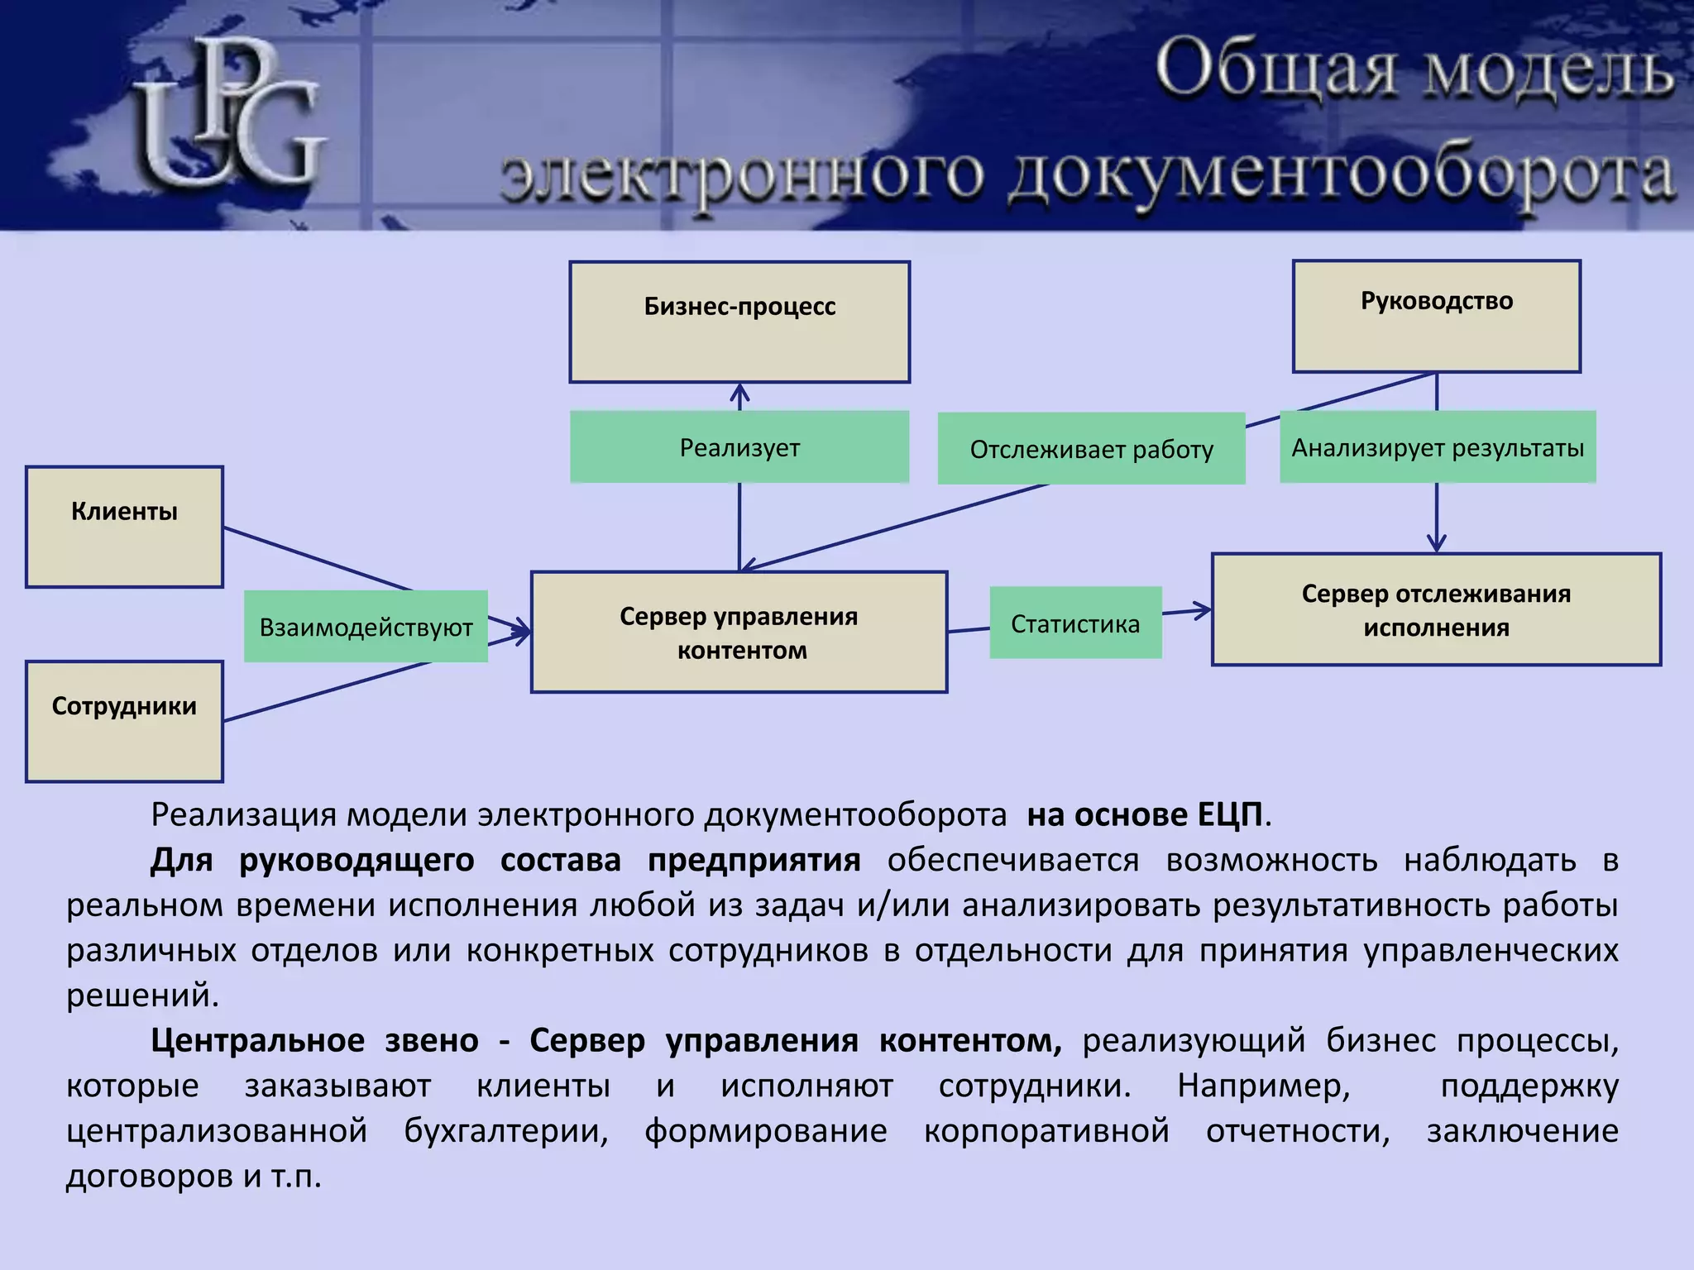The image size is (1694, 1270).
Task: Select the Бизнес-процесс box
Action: coord(739,322)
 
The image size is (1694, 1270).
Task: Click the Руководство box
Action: coord(1436,317)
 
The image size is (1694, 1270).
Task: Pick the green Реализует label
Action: coord(739,447)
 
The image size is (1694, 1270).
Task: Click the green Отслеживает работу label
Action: coord(1091,449)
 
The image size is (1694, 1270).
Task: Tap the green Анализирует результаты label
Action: coord(1438,447)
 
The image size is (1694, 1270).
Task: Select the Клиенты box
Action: coord(124,527)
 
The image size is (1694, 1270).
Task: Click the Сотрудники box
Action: coord(124,721)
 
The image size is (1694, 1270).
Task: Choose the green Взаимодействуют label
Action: coord(366,627)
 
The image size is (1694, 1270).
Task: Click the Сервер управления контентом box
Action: coord(739,633)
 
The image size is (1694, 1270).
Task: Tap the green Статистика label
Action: coord(1075,623)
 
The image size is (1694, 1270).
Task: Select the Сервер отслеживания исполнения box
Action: coord(1436,609)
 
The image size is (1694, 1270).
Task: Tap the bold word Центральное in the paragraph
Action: coord(256,1040)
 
